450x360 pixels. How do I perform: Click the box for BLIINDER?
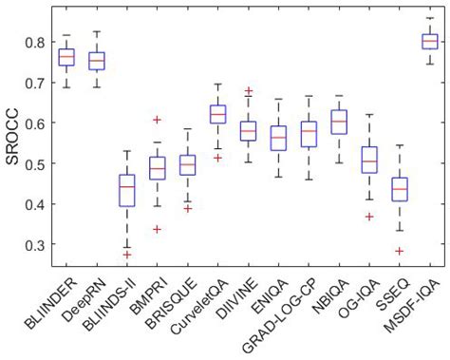tap(66, 57)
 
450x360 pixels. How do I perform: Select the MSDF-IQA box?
tap(430, 42)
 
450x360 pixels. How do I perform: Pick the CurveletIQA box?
tap(217, 114)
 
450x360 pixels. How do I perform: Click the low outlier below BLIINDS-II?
tap(126, 255)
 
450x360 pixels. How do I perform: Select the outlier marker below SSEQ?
tap(400, 251)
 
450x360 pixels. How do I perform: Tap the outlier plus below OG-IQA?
tap(369, 217)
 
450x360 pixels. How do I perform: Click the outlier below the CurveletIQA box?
tap(217, 158)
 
